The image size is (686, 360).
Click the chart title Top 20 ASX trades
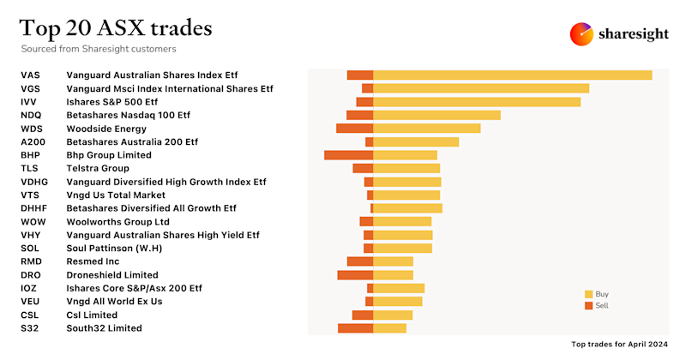(116, 28)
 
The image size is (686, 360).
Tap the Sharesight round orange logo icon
(582, 34)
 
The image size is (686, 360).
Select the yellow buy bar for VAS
(513, 75)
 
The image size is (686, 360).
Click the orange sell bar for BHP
(348, 155)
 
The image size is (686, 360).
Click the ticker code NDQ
(31, 115)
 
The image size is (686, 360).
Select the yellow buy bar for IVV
(477, 102)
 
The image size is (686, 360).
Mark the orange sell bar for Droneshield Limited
(355, 275)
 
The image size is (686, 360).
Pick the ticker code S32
(29, 328)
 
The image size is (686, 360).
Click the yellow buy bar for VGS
(481, 88)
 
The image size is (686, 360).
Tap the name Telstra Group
(98, 169)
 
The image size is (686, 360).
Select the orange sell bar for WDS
(354, 129)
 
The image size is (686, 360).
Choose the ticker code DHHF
(33, 208)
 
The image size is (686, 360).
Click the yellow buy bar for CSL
(393, 315)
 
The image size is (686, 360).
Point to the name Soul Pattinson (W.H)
(114, 249)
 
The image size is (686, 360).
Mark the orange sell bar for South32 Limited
(355, 328)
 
